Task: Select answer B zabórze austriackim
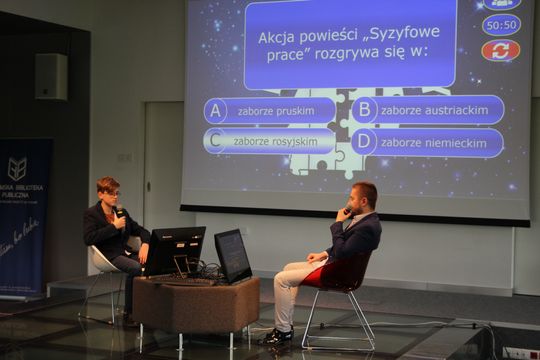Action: [x=427, y=110]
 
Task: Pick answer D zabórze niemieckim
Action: [x=427, y=142]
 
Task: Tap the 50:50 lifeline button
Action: [x=501, y=25]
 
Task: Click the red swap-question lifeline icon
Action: [x=501, y=50]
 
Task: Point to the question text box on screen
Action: [x=350, y=45]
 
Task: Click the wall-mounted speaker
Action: [x=51, y=76]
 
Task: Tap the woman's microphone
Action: [x=121, y=213]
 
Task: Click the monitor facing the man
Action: [x=232, y=255]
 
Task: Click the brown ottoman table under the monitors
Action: [x=196, y=305]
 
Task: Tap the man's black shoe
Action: [x=276, y=336]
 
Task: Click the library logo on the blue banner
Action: [x=16, y=168]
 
